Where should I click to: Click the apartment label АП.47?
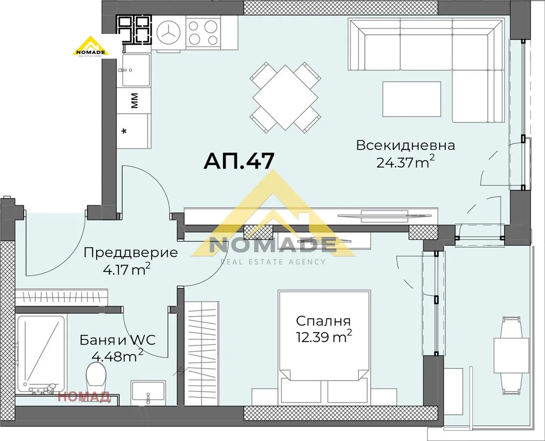click(239, 161)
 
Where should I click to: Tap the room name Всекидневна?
click(405, 145)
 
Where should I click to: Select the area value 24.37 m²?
click(405, 162)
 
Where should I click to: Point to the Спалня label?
click(323, 321)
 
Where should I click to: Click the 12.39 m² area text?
click(323, 337)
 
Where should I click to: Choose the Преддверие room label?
click(131, 253)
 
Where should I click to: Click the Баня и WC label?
click(117, 340)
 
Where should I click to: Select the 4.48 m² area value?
click(117, 355)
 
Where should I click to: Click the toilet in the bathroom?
click(97, 377)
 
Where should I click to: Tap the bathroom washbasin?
click(148, 392)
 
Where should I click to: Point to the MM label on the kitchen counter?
click(135, 101)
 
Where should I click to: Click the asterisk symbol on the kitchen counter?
click(125, 131)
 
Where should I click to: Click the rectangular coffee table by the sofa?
click(411, 99)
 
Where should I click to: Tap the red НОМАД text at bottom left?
click(84, 397)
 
